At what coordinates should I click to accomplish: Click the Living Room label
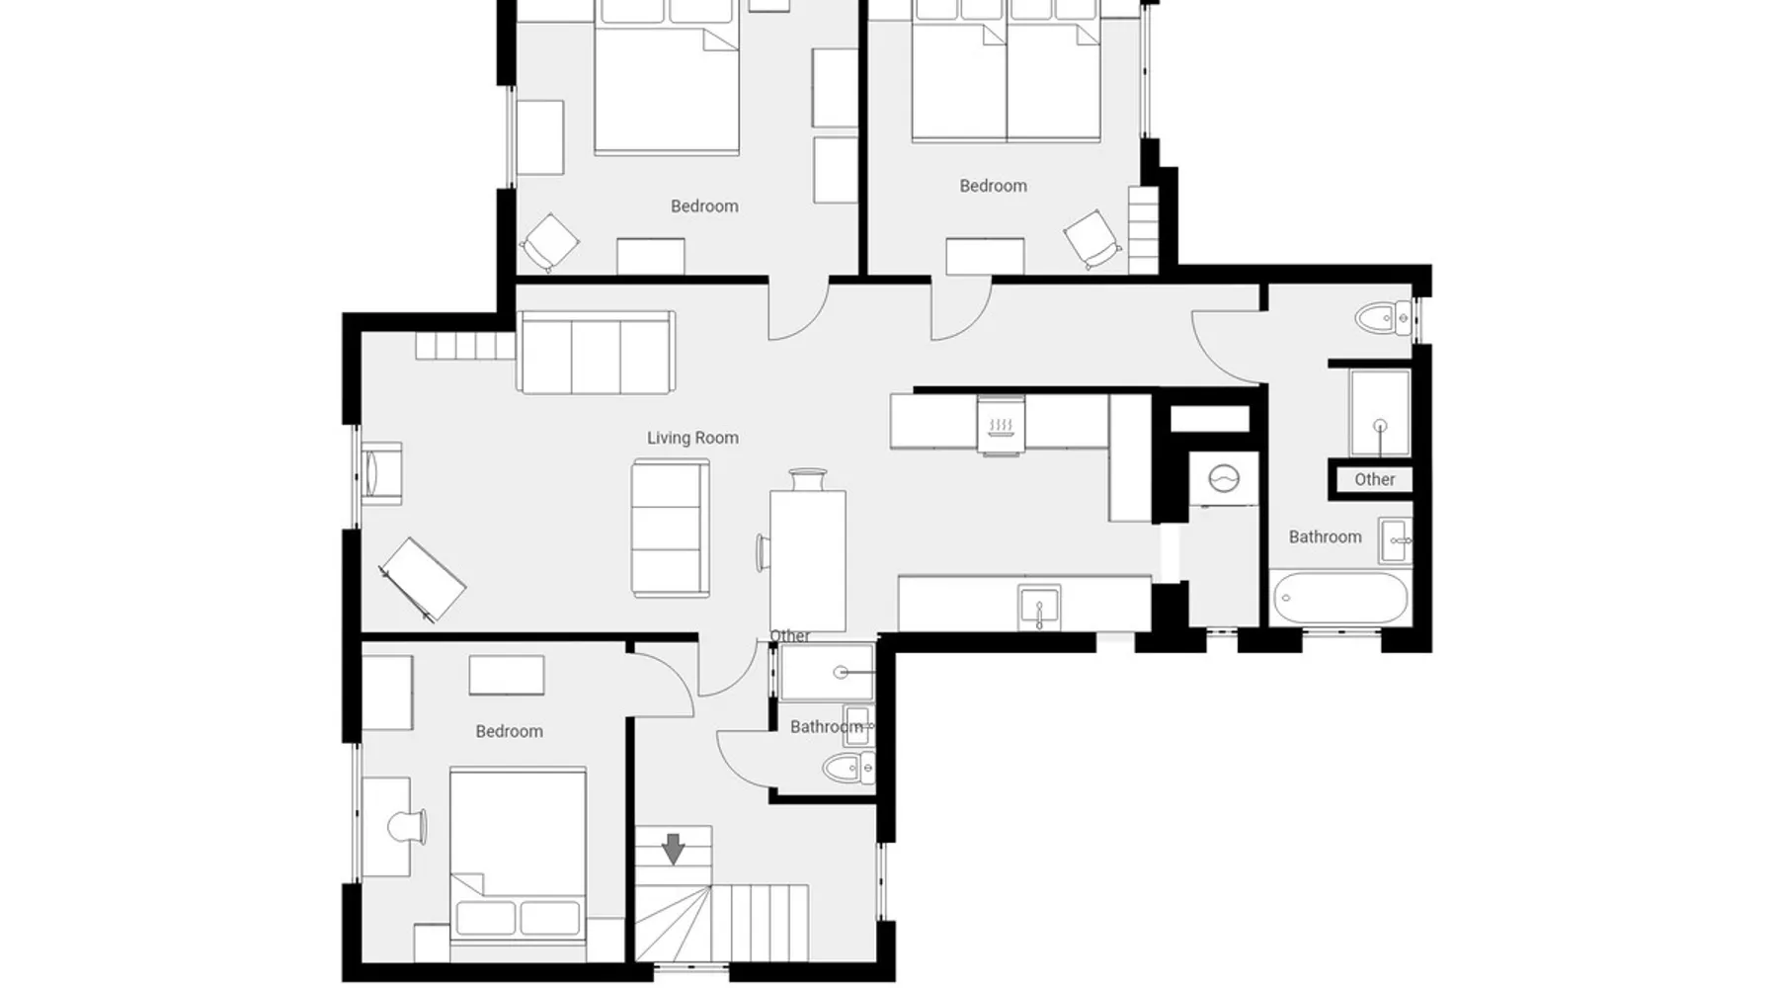click(692, 438)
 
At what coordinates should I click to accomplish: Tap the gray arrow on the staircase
click(673, 849)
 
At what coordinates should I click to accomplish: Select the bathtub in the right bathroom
click(1339, 598)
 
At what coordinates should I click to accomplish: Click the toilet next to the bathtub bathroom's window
click(1384, 318)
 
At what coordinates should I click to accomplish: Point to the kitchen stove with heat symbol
click(1002, 426)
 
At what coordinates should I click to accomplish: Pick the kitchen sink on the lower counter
click(1039, 607)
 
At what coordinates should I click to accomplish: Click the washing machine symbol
click(1224, 479)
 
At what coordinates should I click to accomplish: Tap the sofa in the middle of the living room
click(671, 529)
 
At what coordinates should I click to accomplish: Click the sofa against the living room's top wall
click(596, 353)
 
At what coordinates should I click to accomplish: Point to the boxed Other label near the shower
click(1374, 479)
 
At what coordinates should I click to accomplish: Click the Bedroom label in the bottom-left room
click(509, 731)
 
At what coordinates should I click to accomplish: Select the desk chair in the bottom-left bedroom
click(407, 827)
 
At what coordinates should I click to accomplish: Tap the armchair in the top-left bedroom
click(550, 242)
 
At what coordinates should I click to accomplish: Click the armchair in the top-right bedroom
click(1092, 238)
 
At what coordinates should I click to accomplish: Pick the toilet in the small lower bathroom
click(849, 767)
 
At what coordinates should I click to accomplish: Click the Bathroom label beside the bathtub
click(1325, 536)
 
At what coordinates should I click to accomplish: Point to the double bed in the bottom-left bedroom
click(518, 854)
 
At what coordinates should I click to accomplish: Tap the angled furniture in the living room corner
click(423, 580)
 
